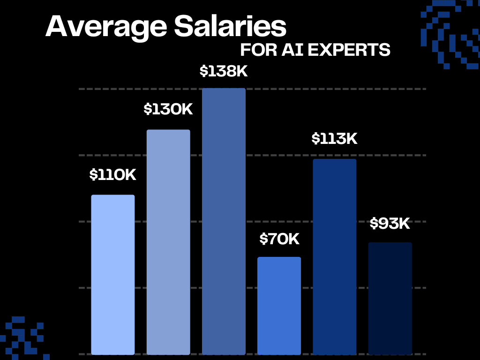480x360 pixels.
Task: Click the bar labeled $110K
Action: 113,274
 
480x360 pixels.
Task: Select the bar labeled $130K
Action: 168,242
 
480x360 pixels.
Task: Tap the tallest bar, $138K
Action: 224,221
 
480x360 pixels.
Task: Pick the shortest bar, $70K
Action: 279,305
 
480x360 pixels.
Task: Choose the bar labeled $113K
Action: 334,256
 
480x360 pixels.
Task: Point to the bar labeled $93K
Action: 390,298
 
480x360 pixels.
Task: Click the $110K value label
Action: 113,175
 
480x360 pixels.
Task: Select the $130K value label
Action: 168,109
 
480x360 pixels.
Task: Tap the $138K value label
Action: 224,71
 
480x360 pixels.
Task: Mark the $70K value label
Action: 279,239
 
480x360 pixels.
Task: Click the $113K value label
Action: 335,139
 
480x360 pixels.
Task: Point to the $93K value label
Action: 390,224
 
